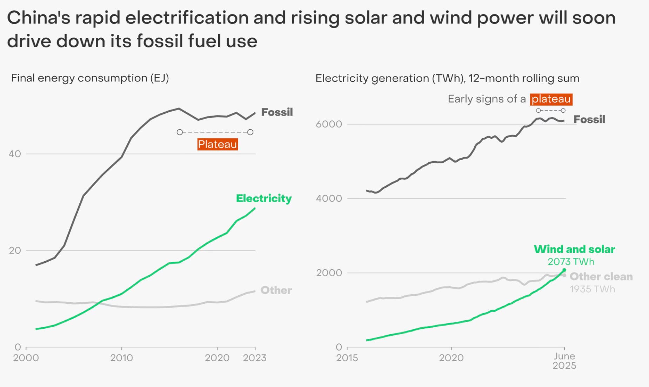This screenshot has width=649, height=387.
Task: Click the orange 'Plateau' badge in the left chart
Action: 218,144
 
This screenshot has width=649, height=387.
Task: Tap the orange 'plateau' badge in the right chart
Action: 551,99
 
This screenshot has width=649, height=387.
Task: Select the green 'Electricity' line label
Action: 264,198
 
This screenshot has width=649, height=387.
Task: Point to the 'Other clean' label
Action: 601,277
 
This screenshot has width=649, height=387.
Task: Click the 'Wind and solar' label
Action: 574,249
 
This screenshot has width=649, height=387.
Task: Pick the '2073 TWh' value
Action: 571,262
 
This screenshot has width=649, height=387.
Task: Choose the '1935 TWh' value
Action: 592,289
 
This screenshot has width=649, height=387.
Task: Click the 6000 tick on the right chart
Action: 329,124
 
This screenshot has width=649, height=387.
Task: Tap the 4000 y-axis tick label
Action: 329,198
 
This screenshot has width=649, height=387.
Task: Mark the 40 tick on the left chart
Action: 15,154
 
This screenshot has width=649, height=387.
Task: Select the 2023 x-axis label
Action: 255,358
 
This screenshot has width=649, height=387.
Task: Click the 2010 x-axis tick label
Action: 121,358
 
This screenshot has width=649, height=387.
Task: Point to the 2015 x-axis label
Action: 347,358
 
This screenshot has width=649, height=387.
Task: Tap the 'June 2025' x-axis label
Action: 564,361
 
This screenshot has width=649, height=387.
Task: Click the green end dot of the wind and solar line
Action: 564,270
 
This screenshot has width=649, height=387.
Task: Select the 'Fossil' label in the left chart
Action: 277,112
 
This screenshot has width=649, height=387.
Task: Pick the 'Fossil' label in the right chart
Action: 589,119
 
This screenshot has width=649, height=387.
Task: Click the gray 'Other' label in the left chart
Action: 276,290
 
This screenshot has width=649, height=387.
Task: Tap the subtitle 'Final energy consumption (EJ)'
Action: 90,78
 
